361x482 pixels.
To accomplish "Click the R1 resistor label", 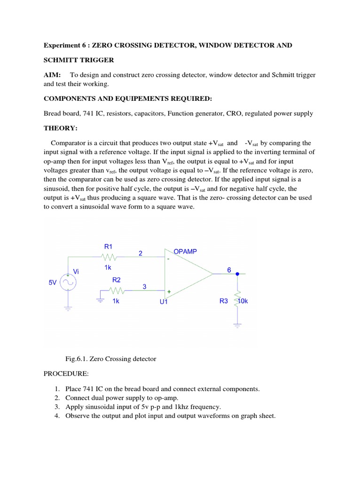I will tap(109, 246).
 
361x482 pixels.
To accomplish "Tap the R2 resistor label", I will tap(117, 280).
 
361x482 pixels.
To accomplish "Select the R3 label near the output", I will tap(224, 301).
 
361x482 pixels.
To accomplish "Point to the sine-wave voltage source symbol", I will tap(69, 283).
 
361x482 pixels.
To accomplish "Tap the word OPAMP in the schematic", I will tap(186, 252).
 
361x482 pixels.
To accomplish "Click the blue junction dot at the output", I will tap(237, 273).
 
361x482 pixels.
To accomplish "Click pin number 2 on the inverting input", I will tap(140, 253).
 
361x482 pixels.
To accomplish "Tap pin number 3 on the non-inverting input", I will tap(145, 286).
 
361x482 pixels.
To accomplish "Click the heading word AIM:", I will tap(52, 75).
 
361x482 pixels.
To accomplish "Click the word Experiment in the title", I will tap(62, 45).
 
